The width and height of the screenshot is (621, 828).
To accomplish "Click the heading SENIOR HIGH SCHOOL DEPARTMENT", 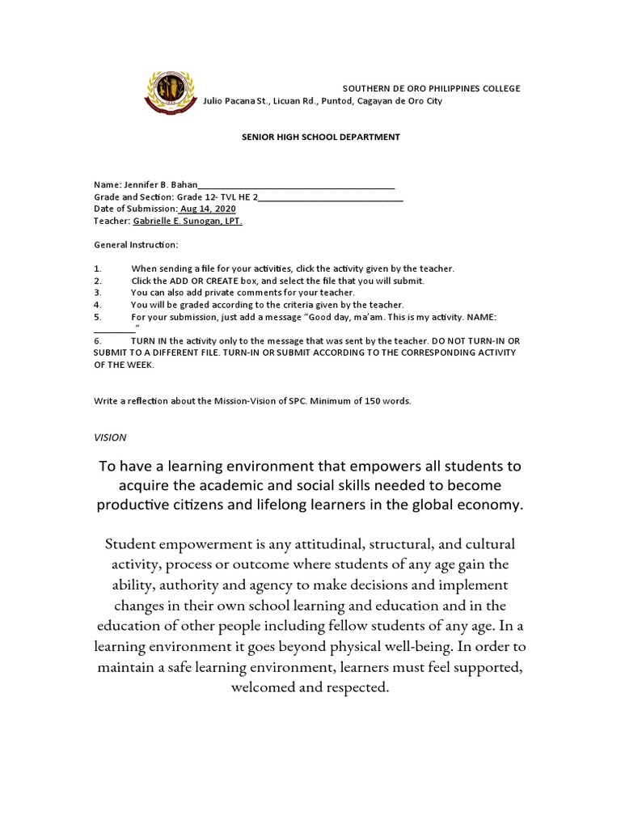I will [x=321, y=137].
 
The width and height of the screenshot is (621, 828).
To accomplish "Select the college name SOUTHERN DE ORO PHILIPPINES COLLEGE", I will [x=432, y=88].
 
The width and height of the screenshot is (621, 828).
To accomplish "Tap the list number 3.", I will [x=96, y=292].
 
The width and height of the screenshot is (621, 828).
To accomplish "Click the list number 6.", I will [x=96, y=341].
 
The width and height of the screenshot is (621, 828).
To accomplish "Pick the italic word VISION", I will [x=110, y=437].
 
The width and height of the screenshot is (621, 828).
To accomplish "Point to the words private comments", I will [x=253, y=292].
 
